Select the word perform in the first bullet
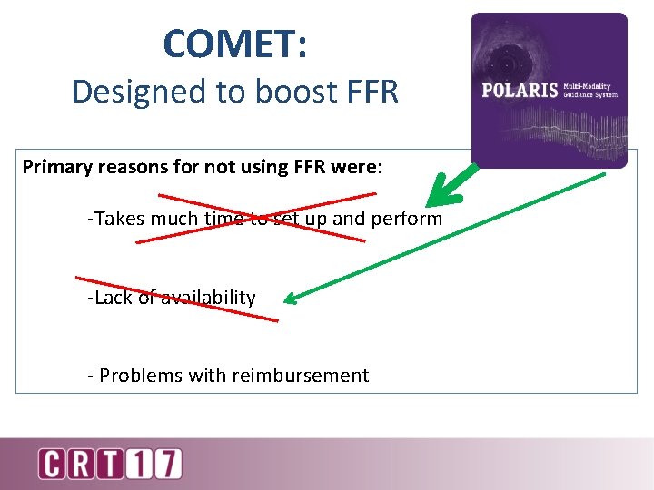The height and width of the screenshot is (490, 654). click(x=410, y=219)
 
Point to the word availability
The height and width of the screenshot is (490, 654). click(x=208, y=298)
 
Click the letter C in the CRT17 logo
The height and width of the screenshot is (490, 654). click(x=53, y=464)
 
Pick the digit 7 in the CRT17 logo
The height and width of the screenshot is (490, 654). click(x=168, y=464)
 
